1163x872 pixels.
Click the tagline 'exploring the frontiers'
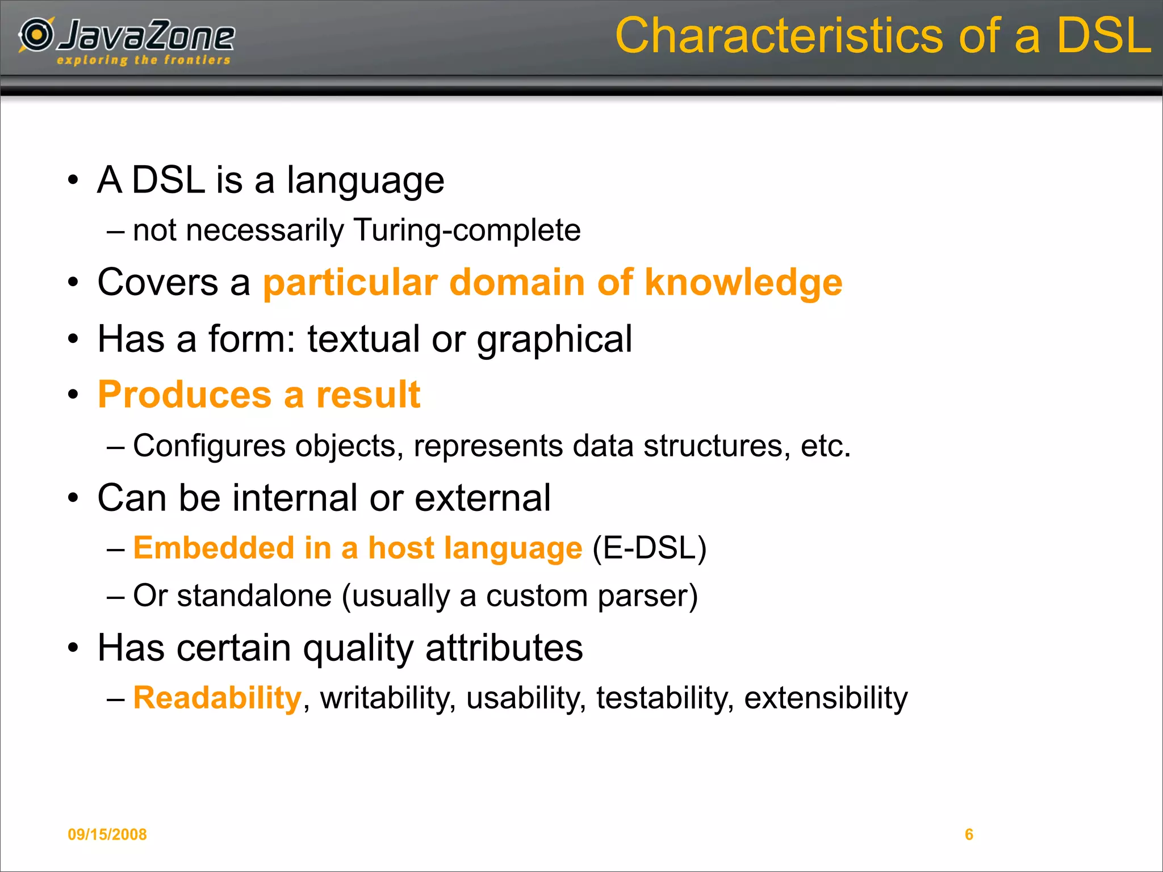144,60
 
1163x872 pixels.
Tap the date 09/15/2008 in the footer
107,834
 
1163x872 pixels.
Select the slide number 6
969,834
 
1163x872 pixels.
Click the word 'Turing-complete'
467,230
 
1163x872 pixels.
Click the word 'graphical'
554,339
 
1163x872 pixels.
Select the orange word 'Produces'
185,395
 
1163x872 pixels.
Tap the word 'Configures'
209,446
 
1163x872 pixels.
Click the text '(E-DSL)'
649,548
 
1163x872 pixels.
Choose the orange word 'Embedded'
214,548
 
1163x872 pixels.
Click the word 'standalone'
254,596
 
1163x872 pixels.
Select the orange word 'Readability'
217,698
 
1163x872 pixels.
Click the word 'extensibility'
826,698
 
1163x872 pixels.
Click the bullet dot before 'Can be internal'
73,498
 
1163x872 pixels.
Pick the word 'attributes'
504,648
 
